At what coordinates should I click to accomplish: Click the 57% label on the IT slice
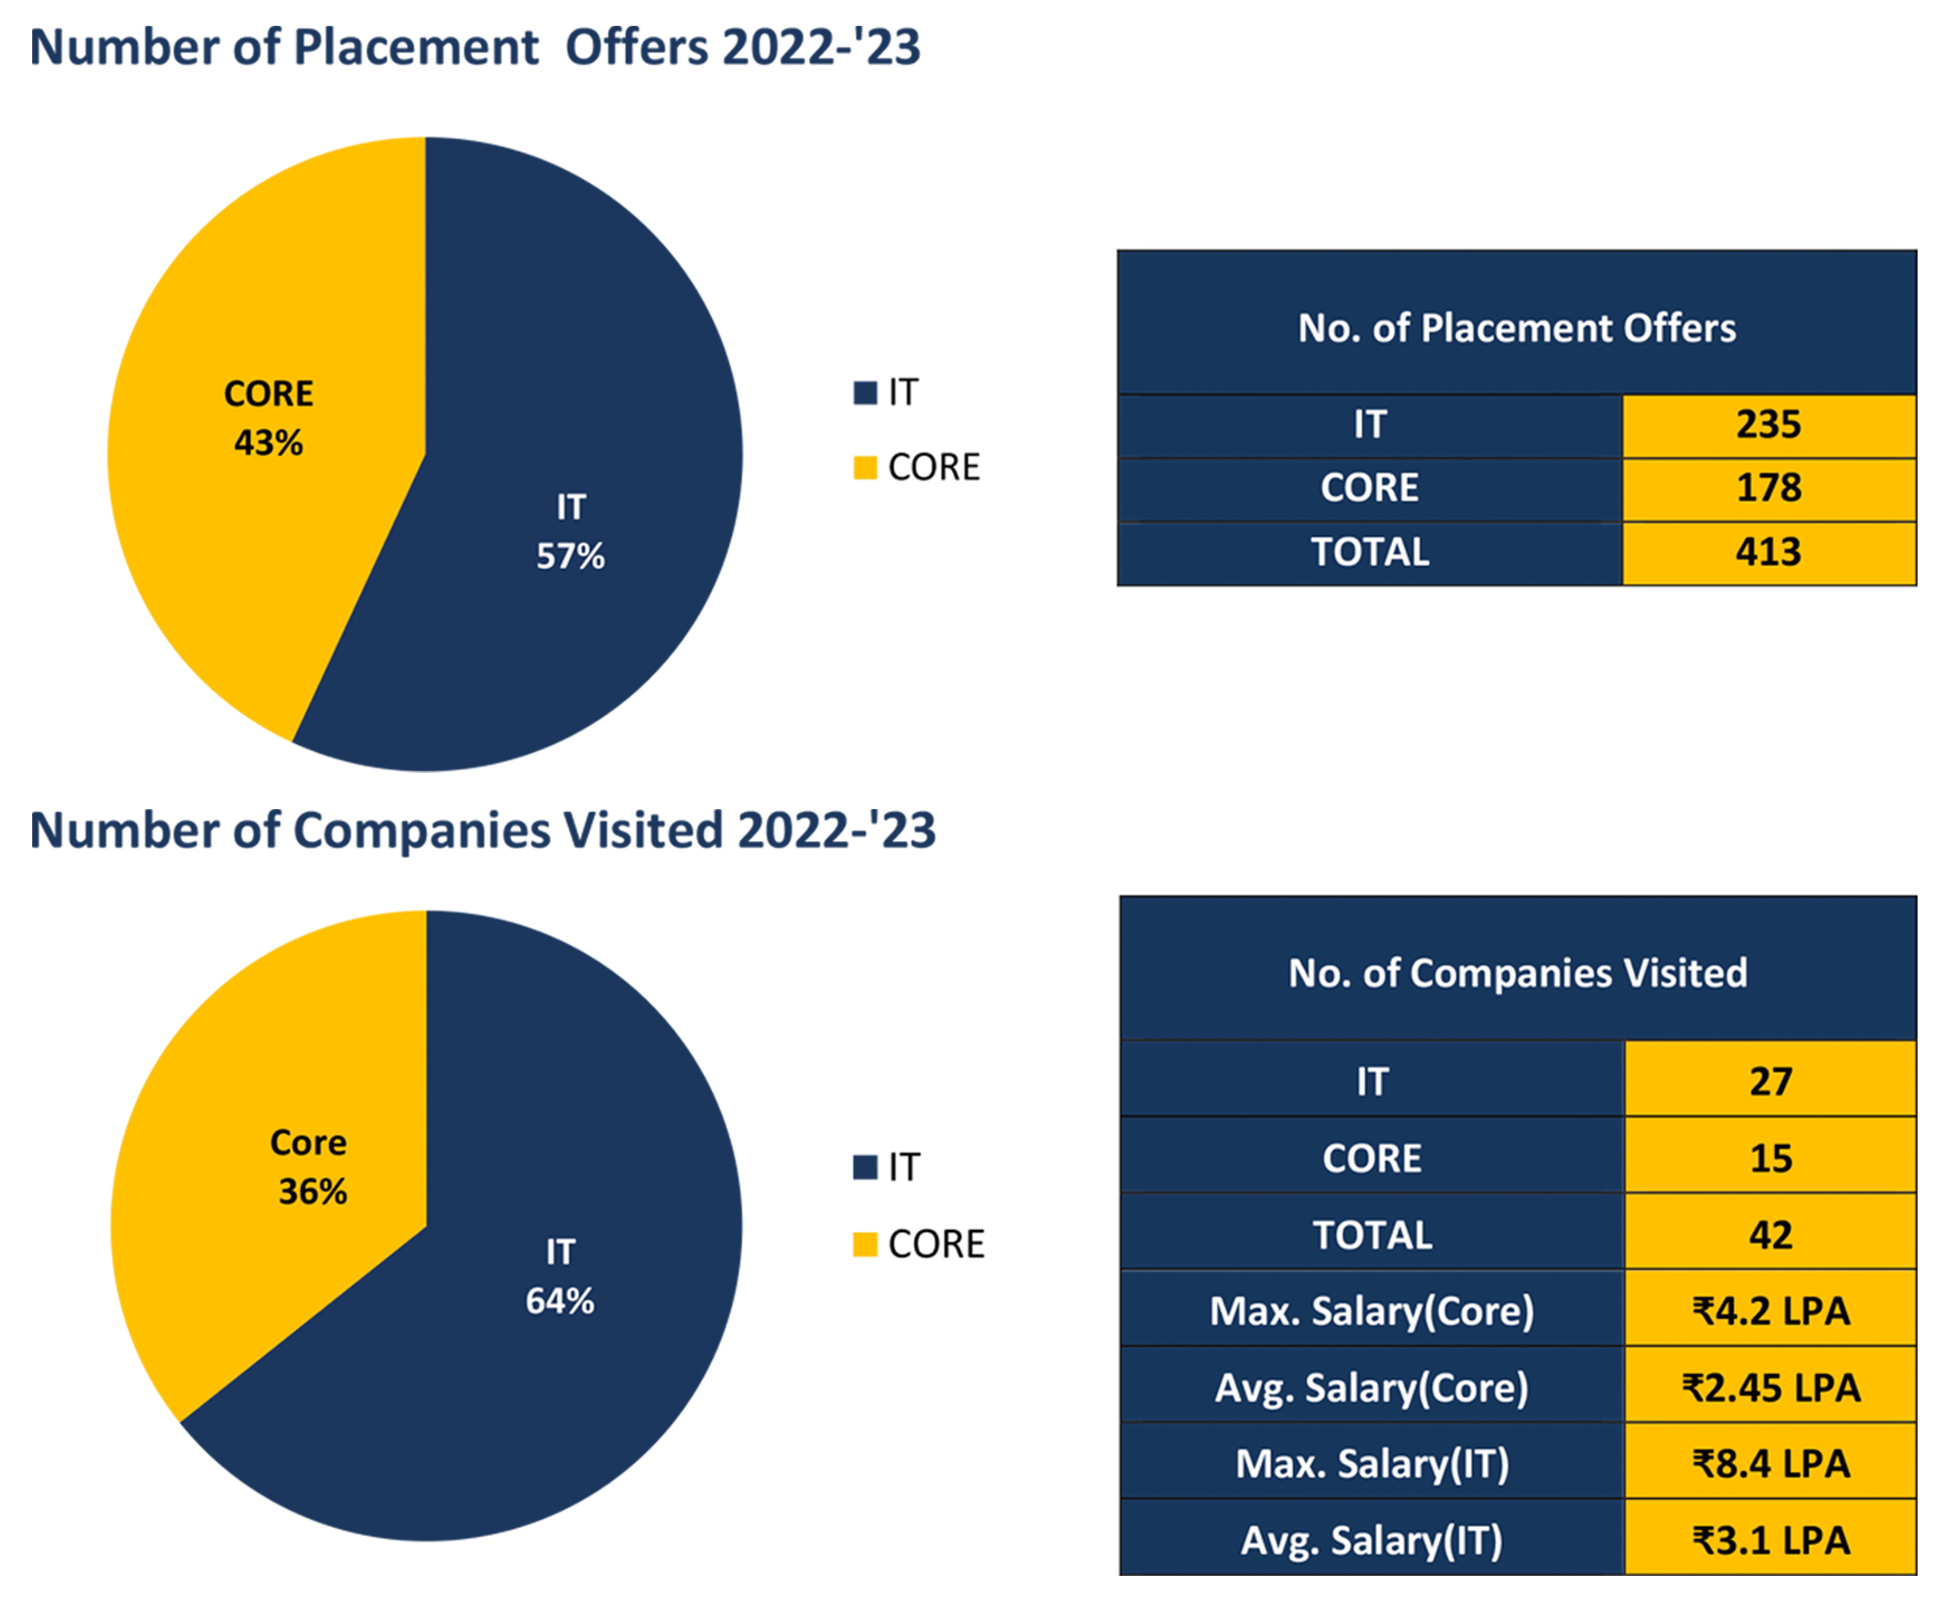570,557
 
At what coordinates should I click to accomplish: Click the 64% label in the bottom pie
559,1301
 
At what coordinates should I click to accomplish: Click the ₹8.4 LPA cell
1770,1463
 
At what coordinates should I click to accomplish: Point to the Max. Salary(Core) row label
1371,1311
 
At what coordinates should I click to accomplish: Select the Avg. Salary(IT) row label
1371,1540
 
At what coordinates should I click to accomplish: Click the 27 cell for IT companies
1770,1081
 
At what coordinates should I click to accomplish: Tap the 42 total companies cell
1770,1235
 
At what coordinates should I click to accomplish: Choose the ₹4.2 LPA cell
1770,1311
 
